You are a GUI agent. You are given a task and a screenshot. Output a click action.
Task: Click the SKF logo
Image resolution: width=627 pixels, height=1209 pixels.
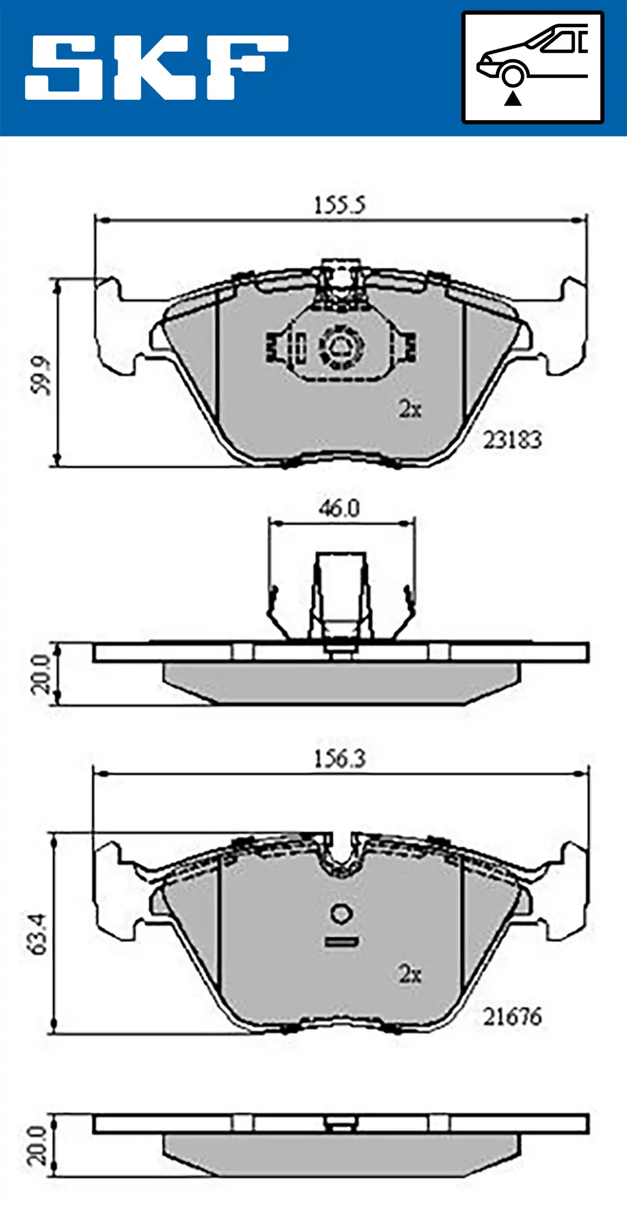pyautogui.click(x=157, y=67)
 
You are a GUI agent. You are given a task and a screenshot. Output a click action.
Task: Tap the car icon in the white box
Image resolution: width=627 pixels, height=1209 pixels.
pyautogui.click(x=532, y=56)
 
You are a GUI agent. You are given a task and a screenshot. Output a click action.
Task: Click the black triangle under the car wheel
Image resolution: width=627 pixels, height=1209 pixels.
pyautogui.click(x=513, y=98)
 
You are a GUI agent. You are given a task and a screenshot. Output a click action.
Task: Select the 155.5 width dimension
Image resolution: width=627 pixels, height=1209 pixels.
pyautogui.click(x=339, y=205)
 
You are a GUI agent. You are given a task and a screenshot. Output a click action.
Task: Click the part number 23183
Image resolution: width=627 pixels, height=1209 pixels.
pyautogui.click(x=512, y=440)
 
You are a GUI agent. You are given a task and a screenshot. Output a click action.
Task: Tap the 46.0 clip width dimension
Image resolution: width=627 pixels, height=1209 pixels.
pyautogui.click(x=339, y=508)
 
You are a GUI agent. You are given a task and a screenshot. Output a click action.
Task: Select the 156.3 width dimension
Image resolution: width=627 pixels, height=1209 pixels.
pyautogui.click(x=340, y=759)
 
